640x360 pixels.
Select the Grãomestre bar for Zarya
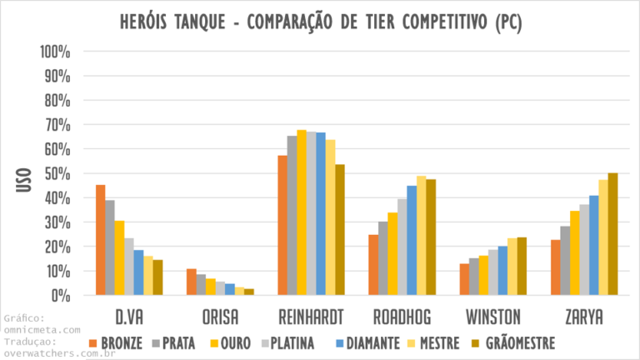coord(612,234)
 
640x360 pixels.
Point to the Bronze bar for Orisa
coord(192,282)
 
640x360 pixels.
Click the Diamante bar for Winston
coord(502,271)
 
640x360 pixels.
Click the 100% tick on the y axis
coord(56,52)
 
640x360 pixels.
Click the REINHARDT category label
coord(311,317)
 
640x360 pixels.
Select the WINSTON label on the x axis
coord(493,317)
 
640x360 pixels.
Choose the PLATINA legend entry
coord(287,342)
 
